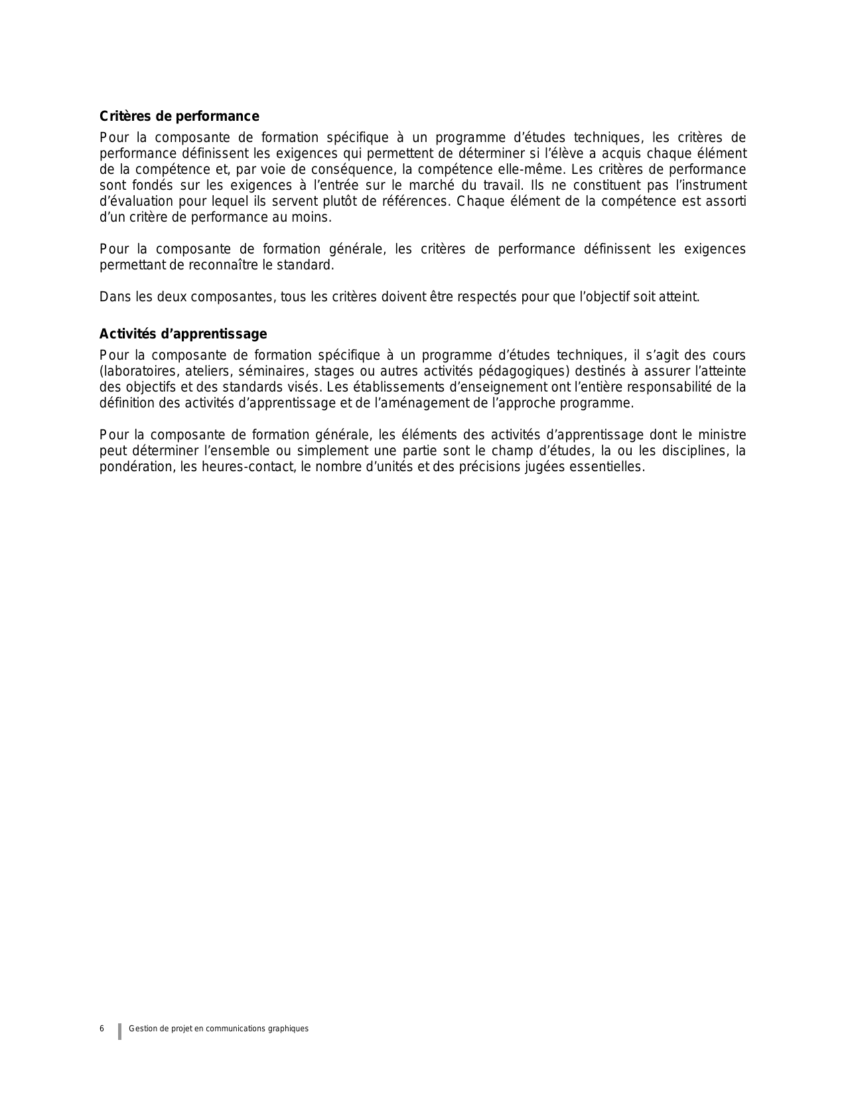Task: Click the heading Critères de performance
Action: point(179,117)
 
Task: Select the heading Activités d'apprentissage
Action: point(183,334)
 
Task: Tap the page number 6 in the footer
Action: point(102,1029)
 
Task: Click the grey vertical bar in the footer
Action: point(120,1031)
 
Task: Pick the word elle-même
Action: point(533,170)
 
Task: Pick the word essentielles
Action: point(610,467)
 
